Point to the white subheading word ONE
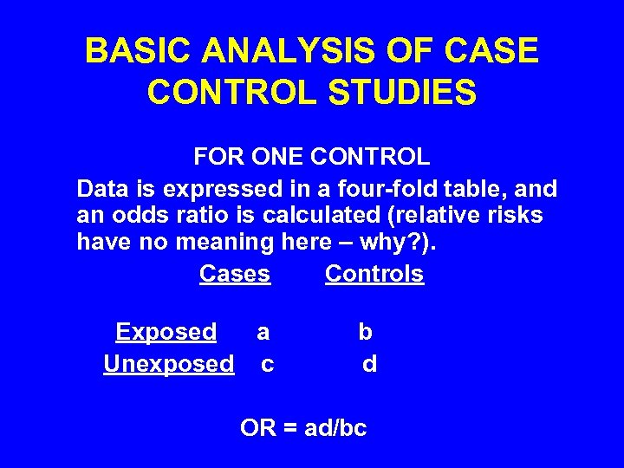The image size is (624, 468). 279,157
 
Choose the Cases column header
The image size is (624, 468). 235,274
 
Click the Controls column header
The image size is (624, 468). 374,274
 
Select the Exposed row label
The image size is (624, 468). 166,332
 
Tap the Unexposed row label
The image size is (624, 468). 169,364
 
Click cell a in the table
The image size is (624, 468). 263,332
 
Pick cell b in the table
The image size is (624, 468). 366,332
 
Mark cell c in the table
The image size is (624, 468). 268,364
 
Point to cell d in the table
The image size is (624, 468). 370,364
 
